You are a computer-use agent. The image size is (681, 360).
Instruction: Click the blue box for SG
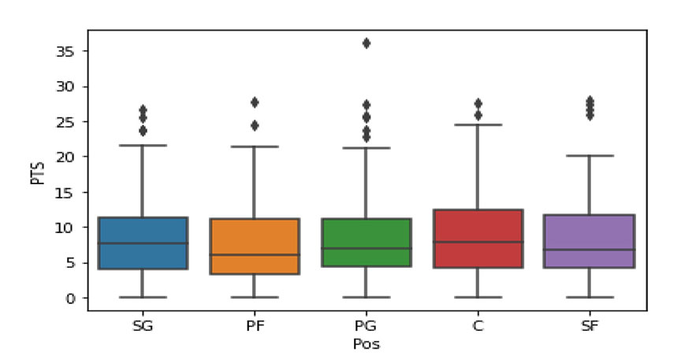point(143,243)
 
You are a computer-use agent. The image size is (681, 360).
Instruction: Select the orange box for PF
point(254,246)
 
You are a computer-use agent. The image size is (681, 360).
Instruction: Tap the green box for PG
point(366,243)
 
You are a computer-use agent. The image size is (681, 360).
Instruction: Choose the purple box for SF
point(590,241)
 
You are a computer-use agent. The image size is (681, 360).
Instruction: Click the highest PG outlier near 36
point(366,43)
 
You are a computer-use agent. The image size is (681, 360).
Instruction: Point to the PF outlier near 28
point(254,102)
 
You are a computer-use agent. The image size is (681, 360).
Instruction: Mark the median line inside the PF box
point(254,254)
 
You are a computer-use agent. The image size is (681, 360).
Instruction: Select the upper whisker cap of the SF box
point(590,156)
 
